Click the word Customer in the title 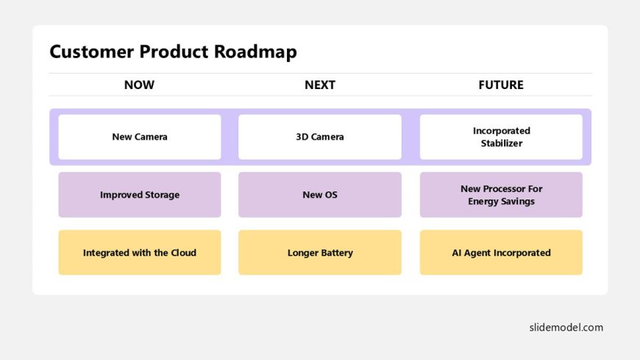92,52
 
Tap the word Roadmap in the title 255,52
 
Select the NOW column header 139,85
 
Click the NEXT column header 320,85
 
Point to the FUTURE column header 501,85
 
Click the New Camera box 140,137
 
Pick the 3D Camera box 320,137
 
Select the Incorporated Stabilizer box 501,137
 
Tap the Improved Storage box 140,194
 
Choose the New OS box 320,194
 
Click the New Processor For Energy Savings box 501,194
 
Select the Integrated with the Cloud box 140,253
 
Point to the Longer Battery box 320,253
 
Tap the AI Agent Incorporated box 501,253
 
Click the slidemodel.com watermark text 566,328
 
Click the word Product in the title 174,52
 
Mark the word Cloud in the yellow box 183,253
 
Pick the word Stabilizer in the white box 502,144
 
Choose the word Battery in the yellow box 337,253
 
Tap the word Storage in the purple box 163,195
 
